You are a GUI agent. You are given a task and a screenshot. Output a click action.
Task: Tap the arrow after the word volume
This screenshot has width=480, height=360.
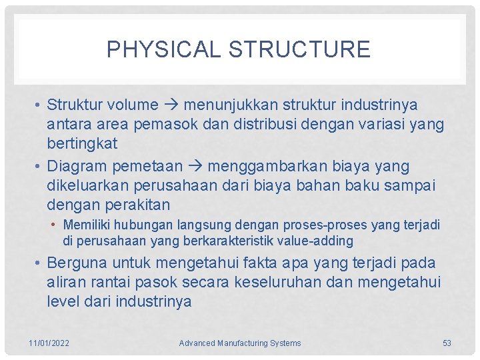pos(171,105)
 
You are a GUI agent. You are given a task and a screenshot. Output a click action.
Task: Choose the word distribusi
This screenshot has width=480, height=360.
pos(287,124)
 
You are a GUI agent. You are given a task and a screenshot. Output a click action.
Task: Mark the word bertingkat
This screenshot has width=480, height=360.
pos(82,143)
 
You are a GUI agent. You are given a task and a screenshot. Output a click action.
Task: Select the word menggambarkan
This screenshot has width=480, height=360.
pos(296,166)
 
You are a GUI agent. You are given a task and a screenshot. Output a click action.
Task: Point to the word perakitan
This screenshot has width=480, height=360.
pos(137,204)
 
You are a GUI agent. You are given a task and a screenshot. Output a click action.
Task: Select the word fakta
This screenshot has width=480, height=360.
pos(266,263)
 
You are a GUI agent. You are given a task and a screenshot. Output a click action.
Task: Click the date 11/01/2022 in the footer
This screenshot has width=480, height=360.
pos(49,343)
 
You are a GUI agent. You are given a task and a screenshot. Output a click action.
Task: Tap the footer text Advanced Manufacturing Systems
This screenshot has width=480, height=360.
pos(240,343)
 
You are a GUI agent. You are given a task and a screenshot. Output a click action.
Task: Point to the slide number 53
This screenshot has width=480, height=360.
pos(447,343)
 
